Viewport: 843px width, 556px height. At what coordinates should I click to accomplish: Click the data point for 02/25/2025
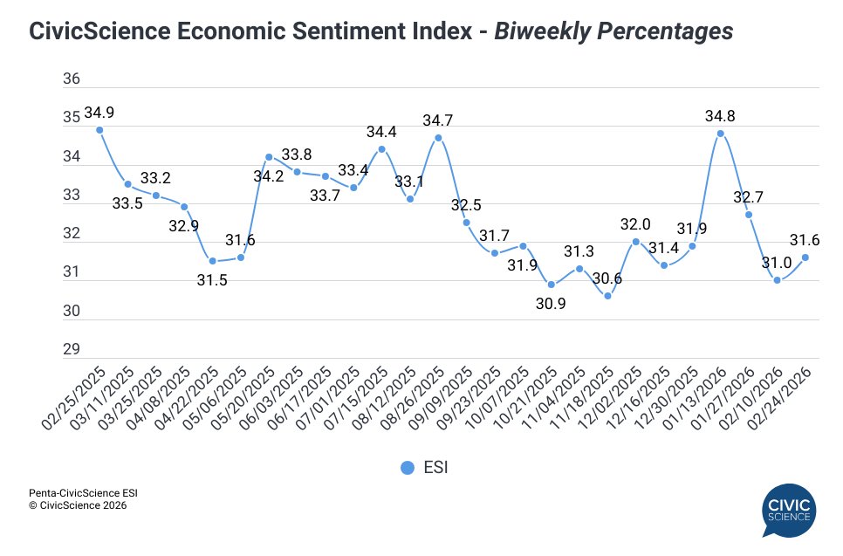[x=99, y=130]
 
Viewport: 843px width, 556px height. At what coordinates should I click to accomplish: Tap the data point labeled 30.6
[x=607, y=296]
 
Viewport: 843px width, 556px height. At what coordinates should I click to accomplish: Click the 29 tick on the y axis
[x=72, y=350]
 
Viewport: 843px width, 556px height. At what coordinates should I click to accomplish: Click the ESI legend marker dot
[x=407, y=468]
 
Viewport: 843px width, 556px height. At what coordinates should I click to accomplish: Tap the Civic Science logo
[x=788, y=511]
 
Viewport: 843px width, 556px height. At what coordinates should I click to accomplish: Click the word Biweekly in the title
[x=533, y=32]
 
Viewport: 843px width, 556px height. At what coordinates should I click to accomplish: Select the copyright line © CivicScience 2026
[x=78, y=505]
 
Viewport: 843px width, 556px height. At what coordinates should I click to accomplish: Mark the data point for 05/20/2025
[x=269, y=157]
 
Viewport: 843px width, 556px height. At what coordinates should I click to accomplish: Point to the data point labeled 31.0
[x=777, y=280]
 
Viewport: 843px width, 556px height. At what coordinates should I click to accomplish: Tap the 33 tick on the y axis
[x=72, y=196]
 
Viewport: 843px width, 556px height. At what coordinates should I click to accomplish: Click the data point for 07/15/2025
[x=381, y=149]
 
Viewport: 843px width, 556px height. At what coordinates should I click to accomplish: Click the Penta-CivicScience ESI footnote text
[x=83, y=492]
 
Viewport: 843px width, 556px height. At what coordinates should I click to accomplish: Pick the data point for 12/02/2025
[x=635, y=242]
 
